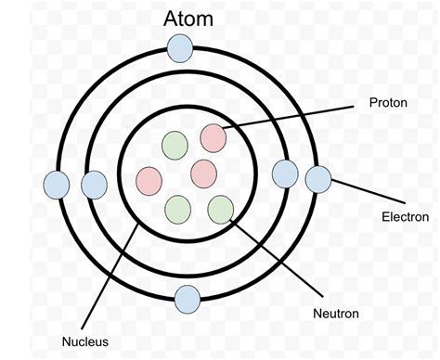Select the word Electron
point(406,217)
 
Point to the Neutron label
point(335,313)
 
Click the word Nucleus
point(85,341)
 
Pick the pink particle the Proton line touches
point(213,137)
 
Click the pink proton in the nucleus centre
point(203,173)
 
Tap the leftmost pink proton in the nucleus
point(149,179)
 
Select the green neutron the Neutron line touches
point(220,209)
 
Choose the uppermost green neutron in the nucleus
point(175,145)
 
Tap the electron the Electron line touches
point(318,179)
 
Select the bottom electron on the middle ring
point(188,299)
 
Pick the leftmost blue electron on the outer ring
point(58,185)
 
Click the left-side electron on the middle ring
point(94,185)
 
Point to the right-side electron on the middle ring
point(285,173)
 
